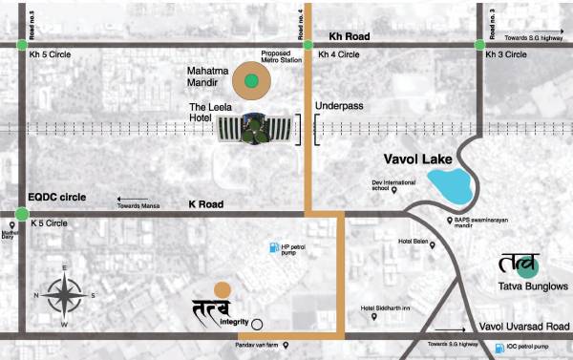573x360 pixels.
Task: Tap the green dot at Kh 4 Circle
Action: [308, 44]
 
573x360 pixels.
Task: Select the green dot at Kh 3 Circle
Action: [477, 44]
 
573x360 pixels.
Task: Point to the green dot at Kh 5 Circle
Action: [22, 44]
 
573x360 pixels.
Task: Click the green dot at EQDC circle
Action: [22, 213]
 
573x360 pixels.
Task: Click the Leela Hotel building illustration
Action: [254, 128]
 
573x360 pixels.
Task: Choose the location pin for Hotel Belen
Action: [433, 245]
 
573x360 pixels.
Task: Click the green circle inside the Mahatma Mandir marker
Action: [250, 81]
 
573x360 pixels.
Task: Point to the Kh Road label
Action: [347, 36]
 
